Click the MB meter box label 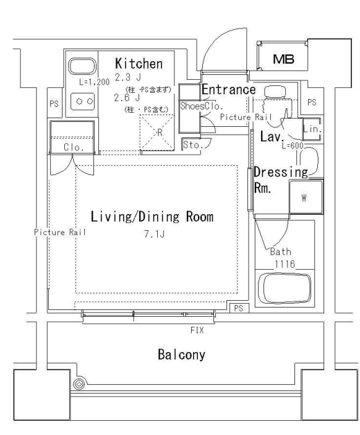point(285,59)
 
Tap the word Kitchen point(139,63)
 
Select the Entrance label point(228,90)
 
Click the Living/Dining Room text point(152,217)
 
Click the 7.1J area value point(152,235)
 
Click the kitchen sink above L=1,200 point(79,67)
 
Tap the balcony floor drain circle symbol point(79,385)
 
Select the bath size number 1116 point(285,263)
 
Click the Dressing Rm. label point(280,181)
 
